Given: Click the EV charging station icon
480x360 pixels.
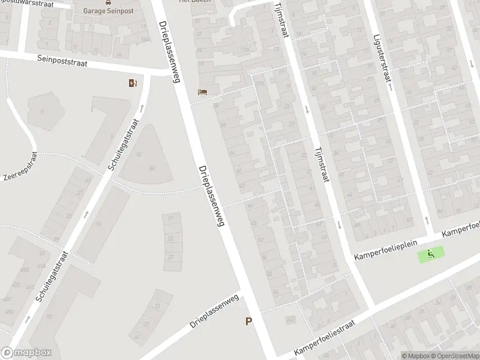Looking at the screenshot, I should (x=133, y=83).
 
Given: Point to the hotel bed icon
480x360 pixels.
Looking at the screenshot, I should (x=203, y=92).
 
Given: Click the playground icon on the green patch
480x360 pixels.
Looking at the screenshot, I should (x=431, y=254).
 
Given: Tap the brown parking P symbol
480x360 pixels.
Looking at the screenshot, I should (x=248, y=322).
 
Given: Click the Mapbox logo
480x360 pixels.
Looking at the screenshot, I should (x=26, y=353).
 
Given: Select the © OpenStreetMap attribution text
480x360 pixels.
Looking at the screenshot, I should (x=454, y=356).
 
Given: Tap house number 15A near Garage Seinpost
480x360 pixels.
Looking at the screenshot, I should (x=145, y=40).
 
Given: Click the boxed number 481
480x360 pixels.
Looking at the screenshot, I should (x=290, y=320).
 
